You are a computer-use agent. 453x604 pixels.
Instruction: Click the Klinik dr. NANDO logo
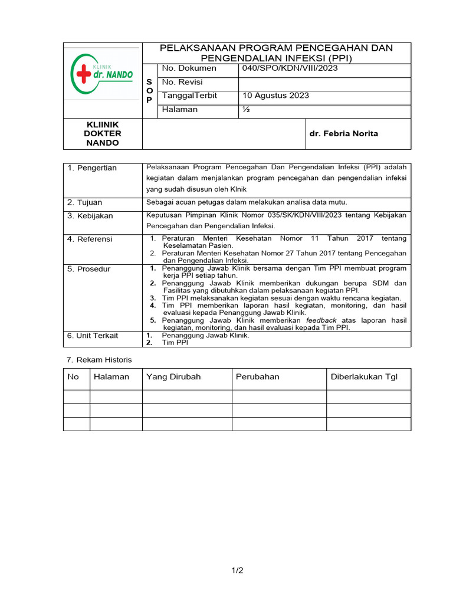pos(101,74)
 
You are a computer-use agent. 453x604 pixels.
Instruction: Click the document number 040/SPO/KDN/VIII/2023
pos(290,68)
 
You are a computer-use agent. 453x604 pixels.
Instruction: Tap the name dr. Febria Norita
pos(344,134)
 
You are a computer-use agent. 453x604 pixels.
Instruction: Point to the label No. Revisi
pos(182,82)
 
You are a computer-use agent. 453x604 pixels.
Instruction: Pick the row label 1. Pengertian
pos(92,168)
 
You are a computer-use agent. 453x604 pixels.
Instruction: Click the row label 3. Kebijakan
pos(90,216)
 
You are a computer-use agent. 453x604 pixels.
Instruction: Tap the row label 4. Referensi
pos(90,239)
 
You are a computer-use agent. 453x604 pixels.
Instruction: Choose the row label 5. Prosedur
pos(89,269)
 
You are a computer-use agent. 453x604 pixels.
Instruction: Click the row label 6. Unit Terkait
pos(93,336)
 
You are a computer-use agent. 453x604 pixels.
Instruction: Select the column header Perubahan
pos(258,377)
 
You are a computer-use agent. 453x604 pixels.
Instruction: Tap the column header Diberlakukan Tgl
pos(365,377)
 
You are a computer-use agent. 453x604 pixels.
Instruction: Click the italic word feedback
pos(321,320)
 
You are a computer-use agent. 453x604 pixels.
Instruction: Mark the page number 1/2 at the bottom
pos(237,570)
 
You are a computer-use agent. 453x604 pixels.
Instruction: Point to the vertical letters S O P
pos(149,91)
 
